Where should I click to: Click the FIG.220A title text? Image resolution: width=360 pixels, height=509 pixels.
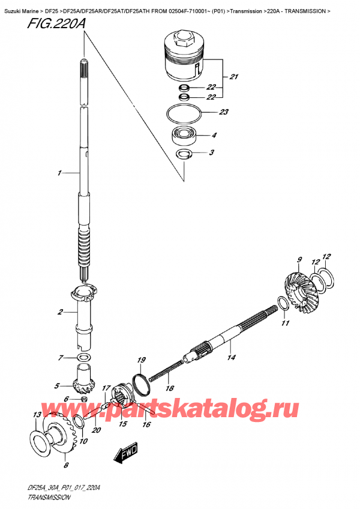pyautogui.click(x=56, y=23)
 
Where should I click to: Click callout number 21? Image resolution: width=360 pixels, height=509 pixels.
pyautogui.click(x=234, y=77)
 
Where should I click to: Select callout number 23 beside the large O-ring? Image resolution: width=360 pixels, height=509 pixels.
pyautogui.click(x=224, y=112)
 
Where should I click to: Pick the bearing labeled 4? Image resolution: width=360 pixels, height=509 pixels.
pyautogui.click(x=182, y=136)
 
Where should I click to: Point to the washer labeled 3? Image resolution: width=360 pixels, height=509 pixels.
pyautogui.click(x=184, y=154)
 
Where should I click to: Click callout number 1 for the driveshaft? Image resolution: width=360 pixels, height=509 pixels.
pyautogui.click(x=59, y=173)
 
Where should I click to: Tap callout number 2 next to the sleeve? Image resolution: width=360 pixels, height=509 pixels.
pyautogui.click(x=60, y=312)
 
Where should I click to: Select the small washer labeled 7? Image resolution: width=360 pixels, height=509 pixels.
pyautogui.click(x=84, y=358)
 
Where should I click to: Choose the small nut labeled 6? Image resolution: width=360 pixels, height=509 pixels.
pyautogui.click(x=84, y=399)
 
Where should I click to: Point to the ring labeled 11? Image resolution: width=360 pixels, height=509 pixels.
pyautogui.click(x=282, y=304)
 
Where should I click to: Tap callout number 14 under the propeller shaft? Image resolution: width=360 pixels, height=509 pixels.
pyautogui.click(x=231, y=357)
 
